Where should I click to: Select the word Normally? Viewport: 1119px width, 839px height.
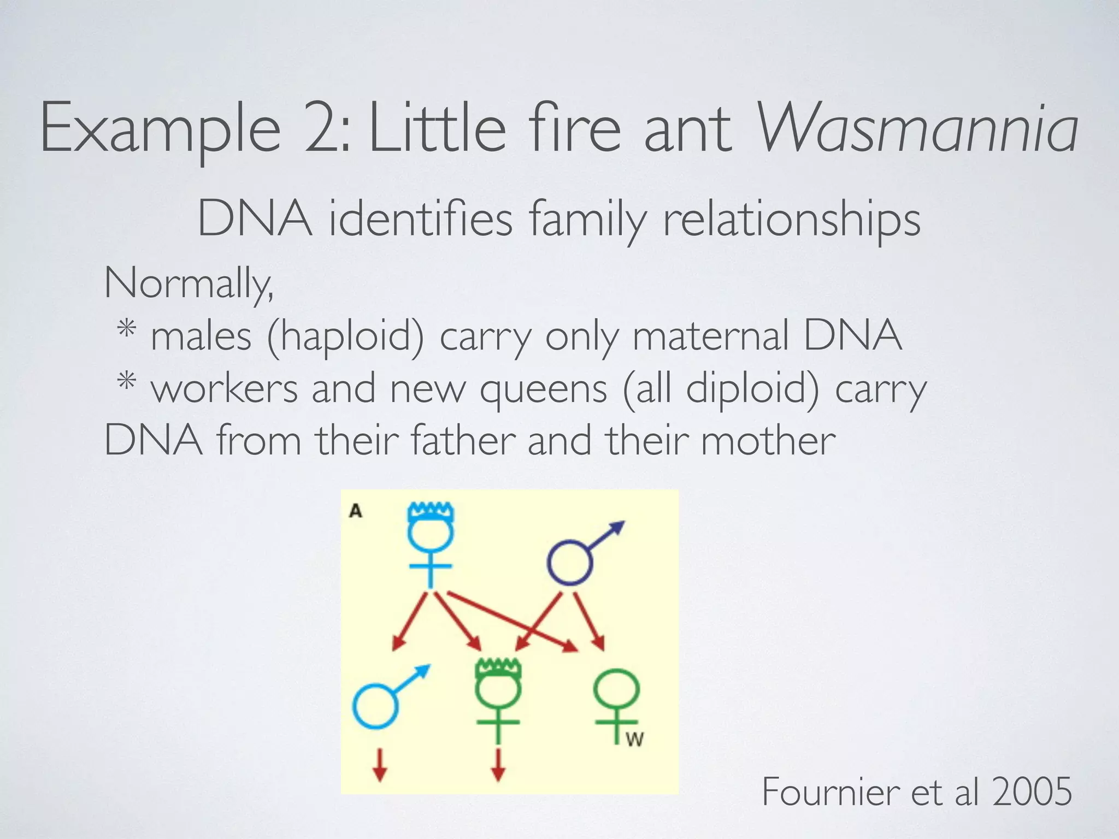pyautogui.click(x=189, y=283)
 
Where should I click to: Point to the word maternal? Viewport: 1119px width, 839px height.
pyautogui.click(x=710, y=335)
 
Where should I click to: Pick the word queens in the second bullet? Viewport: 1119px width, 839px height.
pyautogui.click(x=544, y=389)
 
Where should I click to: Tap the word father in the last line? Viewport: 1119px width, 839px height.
pyautogui.click(x=463, y=440)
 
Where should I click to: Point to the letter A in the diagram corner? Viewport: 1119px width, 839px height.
pyautogui.click(x=356, y=511)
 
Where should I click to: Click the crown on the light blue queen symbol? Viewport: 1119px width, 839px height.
pyautogui.click(x=431, y=511)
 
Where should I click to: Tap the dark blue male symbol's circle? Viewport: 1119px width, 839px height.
pyautogui.click(x=570, y=562)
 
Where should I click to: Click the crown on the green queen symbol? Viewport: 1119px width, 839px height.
pyautogui.click(x=498, y=668)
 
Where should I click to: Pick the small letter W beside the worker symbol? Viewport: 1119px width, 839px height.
pyautogui.click(x=634, y=740)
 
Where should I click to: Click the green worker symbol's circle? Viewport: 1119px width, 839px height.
pyautogui.click(x=617, y=690)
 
